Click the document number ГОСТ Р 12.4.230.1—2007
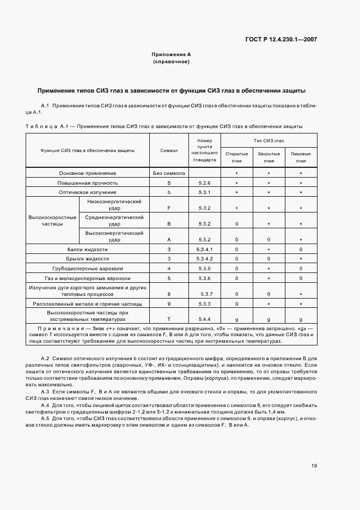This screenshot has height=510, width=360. [x=283, y=39]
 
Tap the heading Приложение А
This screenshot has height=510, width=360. [x=171, y=55]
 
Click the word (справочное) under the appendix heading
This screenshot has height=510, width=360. [x=171, y=62]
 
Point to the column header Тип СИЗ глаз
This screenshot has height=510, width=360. [x=269, y=140]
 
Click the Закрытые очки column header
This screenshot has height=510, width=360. [x=269, y=157]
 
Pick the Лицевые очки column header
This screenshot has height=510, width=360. [x=301, y=157]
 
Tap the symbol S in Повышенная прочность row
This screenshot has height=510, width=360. [x=169, y=183]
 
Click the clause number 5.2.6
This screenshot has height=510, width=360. [x=204, y=183]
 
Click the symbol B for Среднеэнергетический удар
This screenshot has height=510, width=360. [x=169, y=223]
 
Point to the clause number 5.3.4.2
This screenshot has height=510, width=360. [x=204, y=258]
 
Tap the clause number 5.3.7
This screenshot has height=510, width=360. [x=204, y=294]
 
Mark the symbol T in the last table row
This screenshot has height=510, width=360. [x=169, y=319]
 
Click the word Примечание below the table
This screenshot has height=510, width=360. [x=58, y=330]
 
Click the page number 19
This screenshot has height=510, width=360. [x=314, y=465]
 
